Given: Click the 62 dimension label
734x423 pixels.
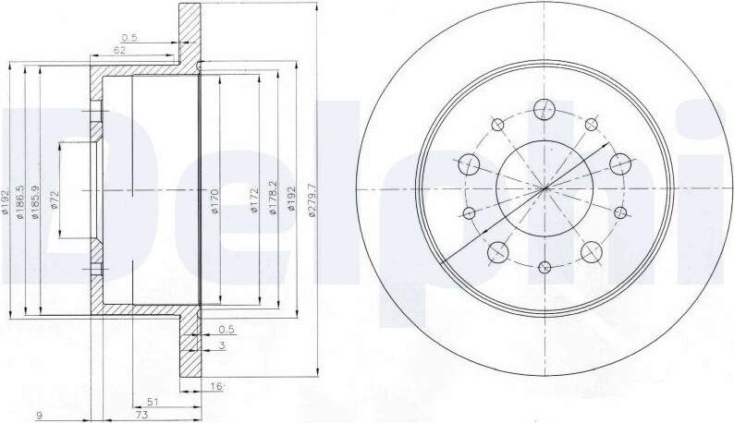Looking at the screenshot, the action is point(119,51).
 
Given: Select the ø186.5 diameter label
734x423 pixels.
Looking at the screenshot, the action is point(19,202).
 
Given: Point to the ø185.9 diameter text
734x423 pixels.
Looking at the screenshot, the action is point(34,202).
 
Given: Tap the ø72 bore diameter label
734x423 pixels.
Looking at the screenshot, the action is point(54,199).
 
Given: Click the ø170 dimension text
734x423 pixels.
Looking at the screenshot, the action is point(214,200).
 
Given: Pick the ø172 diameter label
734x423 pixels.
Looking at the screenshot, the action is point(254,200).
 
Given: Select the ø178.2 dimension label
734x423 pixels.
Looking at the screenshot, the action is point(273,198).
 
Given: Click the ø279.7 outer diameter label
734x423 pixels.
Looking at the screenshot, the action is point(312,199).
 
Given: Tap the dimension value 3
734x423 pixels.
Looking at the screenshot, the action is point(223,345).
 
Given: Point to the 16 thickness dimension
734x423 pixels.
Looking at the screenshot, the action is point(216,386).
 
